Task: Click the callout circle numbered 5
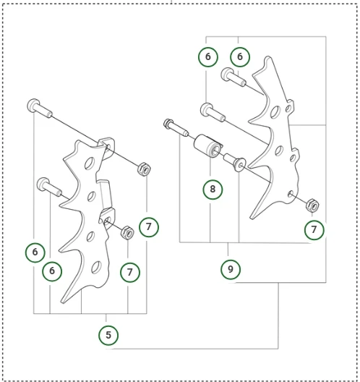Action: pos(108,335)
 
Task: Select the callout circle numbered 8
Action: pos(213,189)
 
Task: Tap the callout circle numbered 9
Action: pos(231,269)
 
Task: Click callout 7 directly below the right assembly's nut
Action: pos(314,229)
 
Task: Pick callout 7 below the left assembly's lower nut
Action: pos(130,272)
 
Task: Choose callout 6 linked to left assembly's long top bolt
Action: pos(35,252)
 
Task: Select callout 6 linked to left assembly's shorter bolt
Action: pos(52,271)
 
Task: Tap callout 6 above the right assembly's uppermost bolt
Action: pos(240,56)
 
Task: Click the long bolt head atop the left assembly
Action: pos(33,105)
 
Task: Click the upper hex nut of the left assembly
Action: pos(144,169)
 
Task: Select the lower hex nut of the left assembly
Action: pos(127,233)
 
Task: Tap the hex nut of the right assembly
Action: pos(312,205)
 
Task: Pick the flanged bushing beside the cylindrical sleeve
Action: pos(235,162)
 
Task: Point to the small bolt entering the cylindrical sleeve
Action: pos(176,127)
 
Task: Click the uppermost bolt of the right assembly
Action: pos(233,77)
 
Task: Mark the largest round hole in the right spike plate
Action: pos(275,112)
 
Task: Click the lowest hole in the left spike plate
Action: pos(96,267)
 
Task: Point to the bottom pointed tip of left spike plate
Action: pos(63,302)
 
